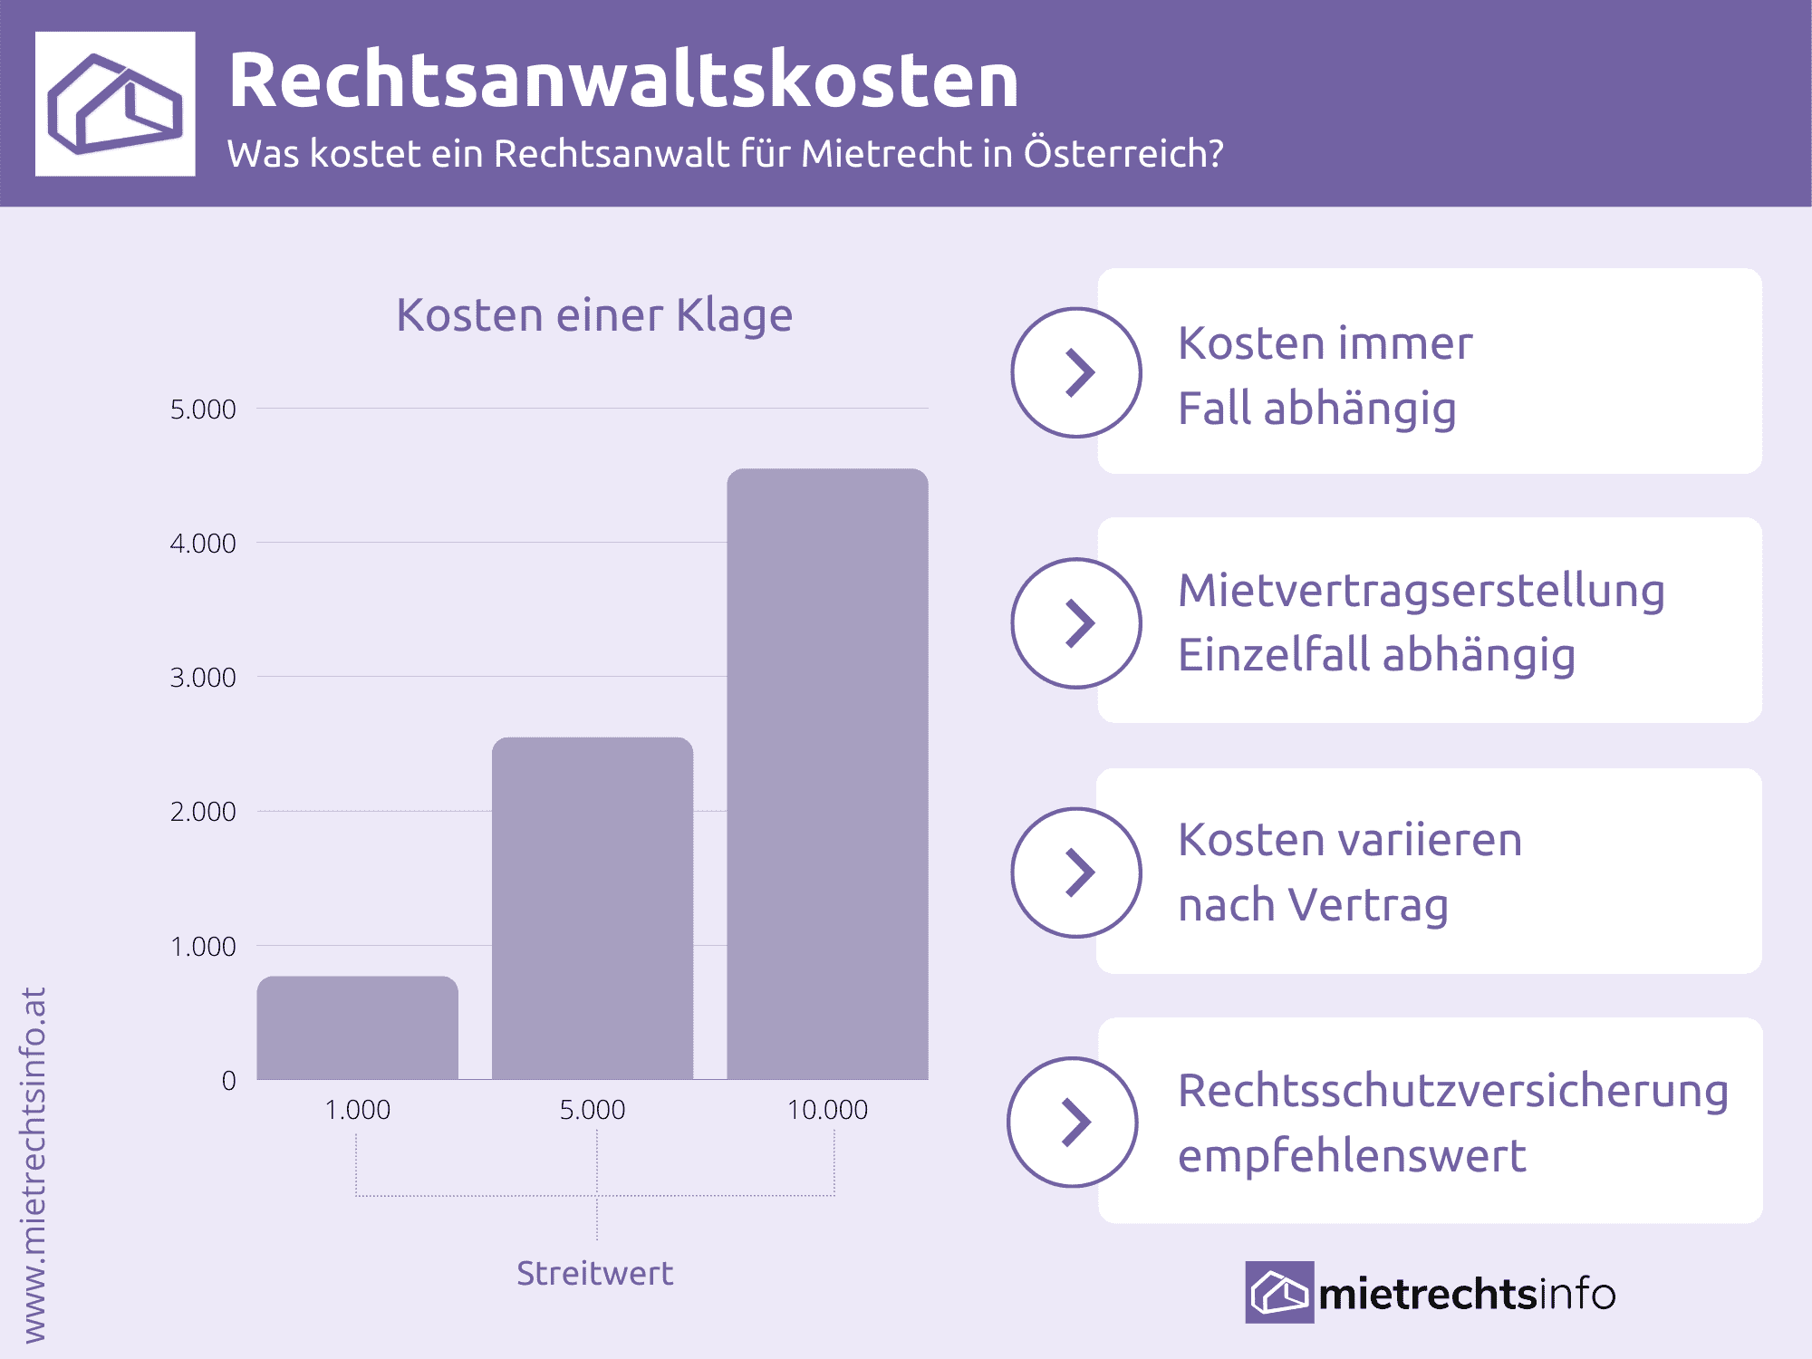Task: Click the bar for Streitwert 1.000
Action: click(357, 1027)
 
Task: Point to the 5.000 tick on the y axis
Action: click(203, 410)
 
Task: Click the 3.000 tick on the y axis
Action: click(203, 678)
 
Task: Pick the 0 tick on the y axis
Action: click(228, 1080)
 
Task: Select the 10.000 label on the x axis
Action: click(827, 1110)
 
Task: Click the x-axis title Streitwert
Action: click(594, 1273)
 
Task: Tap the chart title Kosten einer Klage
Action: click(594, 315)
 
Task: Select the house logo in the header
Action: click(115, 103)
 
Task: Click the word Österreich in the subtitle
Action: click(1123, 153)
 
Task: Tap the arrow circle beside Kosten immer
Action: click(1076, 372)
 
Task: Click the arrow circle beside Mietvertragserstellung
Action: click(1076, 623)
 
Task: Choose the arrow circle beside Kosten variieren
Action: click(1076, 872)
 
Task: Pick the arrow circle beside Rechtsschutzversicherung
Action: click(1073, 1122)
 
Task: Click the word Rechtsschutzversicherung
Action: click(1453, 1091)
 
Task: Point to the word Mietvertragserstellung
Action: click(1421, 591)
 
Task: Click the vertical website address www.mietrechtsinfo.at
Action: click(33, 1164)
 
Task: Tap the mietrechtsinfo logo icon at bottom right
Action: click(1278, 1292)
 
